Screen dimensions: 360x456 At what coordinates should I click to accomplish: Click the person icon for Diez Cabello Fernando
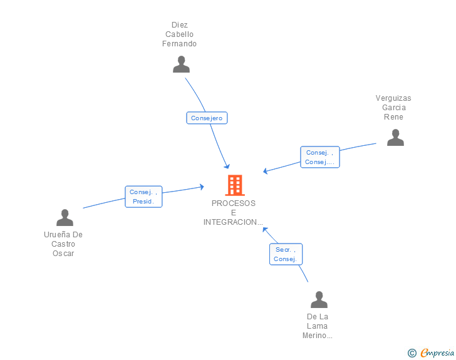[x=181, y=64]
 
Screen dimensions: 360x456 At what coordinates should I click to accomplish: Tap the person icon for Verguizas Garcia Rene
[x=395, y=138]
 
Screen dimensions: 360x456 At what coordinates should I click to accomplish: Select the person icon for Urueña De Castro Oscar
[x=65, y=218]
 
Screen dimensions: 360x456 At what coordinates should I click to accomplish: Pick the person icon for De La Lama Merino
[x=319, y=300]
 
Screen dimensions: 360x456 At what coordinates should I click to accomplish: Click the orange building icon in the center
[x=234, y=185]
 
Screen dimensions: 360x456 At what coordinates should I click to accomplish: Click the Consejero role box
[x=207, y=118]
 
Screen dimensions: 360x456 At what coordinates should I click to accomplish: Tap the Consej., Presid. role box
[x=143, y=197]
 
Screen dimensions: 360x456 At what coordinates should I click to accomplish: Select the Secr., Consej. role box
[x=286, y=254]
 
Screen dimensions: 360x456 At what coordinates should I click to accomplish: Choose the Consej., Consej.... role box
[x=319, y=157]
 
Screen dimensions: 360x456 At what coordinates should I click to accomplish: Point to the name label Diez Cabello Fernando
[x=179, y=34]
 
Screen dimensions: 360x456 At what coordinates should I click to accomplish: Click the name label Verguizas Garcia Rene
[x=393, y=108]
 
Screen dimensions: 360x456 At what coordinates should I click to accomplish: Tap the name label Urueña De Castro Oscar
[x=63, y=244]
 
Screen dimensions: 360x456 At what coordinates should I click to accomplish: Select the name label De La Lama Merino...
[x=318, y=326]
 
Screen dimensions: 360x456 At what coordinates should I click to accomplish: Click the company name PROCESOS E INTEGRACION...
[x=234, y=213]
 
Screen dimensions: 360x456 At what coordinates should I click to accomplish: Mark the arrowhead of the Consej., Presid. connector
[x=202, y=186]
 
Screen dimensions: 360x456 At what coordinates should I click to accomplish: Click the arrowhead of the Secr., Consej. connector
[x=265, y=229]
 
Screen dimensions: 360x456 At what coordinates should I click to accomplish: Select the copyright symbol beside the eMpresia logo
[x=412, y=353]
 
